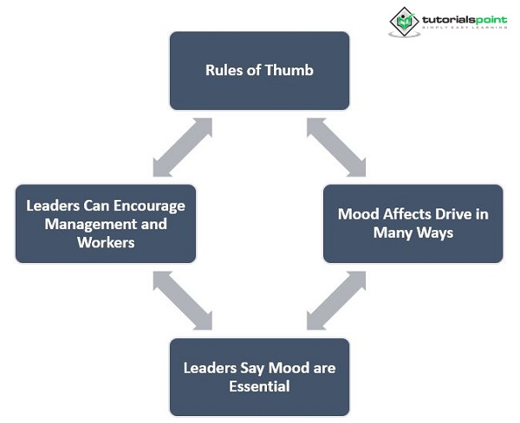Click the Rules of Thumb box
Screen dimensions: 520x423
pyautogui.click(x=259, y=71)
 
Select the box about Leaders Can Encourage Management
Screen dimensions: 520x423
pyautogui.click(x=106, y=224)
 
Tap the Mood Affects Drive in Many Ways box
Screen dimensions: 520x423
pyautogui.click(x=413, y=224)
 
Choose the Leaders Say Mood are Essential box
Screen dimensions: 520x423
pyautogui.click(x=259, y=377)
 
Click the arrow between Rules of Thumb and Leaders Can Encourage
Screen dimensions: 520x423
pyautogui.click(x=182, y=147)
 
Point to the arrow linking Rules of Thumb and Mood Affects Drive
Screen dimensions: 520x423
pyautogui.click(x=336, y=147)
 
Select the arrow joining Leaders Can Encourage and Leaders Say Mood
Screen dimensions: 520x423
pyautogui.click(x=182, y=300)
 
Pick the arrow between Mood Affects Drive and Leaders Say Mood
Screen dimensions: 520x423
pyautogui.click(x=336, y=300)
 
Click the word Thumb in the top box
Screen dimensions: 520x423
pyautogui.click(x=289, y=70)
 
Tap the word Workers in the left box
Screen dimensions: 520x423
pyautogui.click(x=106, y=242)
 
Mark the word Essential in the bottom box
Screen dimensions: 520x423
pyautogui.click(x=259, y=387)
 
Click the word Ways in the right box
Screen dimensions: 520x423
pyautogui.click(x=435, y=233)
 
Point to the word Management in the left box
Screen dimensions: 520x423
pyautogui.click(x=88, y=224)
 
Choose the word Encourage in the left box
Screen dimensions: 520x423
pyautogui.click(x=150, y=206)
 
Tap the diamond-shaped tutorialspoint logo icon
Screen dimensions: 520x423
pyautogui.click(x=404, y=22)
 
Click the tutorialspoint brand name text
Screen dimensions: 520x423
pyautogui.click(x=465, y=20)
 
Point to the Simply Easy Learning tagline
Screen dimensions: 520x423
pyautogui.click(x=465, y=28)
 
